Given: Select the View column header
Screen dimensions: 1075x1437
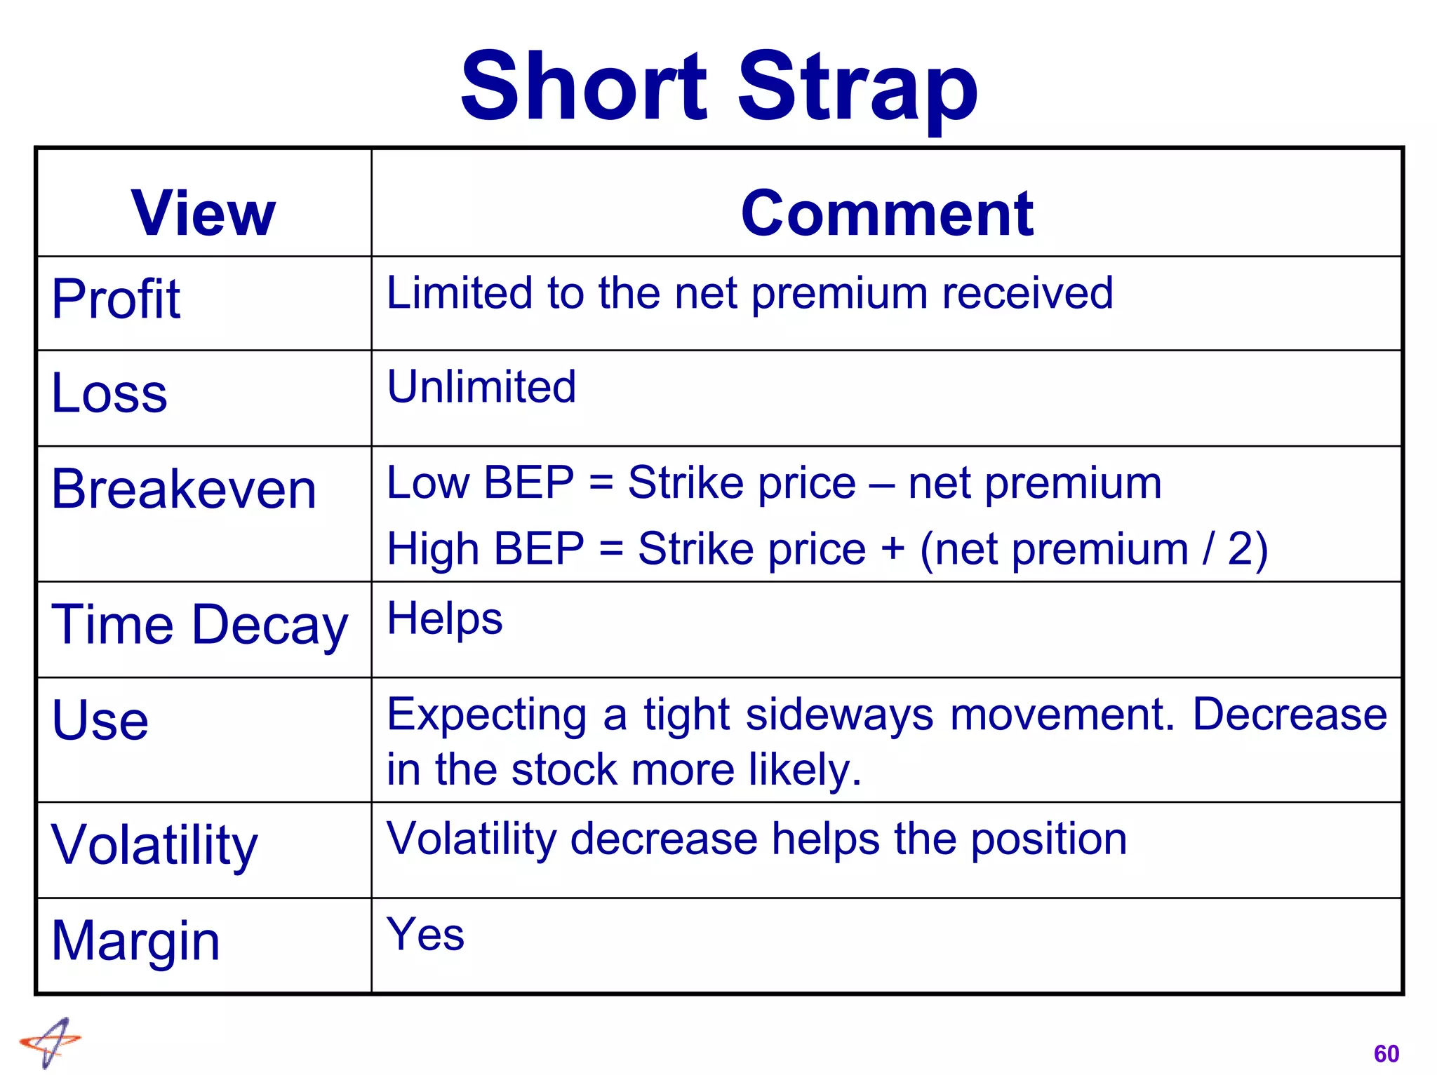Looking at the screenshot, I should (x=203, y=213).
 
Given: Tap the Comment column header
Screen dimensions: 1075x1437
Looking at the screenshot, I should (x=887, y=213).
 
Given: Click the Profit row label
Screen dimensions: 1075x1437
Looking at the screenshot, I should (x=116, y=299).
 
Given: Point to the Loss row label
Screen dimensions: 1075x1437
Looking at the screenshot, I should (x=109, y=393).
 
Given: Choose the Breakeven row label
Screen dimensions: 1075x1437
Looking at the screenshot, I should (x=184, y=489).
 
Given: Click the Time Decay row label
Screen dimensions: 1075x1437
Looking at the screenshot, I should (x=200, y=625).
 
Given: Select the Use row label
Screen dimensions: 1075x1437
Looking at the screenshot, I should (x=100, y=720).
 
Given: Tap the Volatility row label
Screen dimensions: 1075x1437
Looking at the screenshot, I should (x=155, y=846).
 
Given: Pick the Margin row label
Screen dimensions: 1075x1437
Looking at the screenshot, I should (x=136, y=941).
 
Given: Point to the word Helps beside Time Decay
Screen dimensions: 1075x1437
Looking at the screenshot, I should (x=445, y=619).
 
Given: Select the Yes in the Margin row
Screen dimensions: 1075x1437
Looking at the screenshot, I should (x=426, y=935).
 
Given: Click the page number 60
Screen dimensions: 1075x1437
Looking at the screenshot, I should (x=1386, y=1053).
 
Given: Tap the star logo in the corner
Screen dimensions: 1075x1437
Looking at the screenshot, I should (x=51, y=1042).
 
